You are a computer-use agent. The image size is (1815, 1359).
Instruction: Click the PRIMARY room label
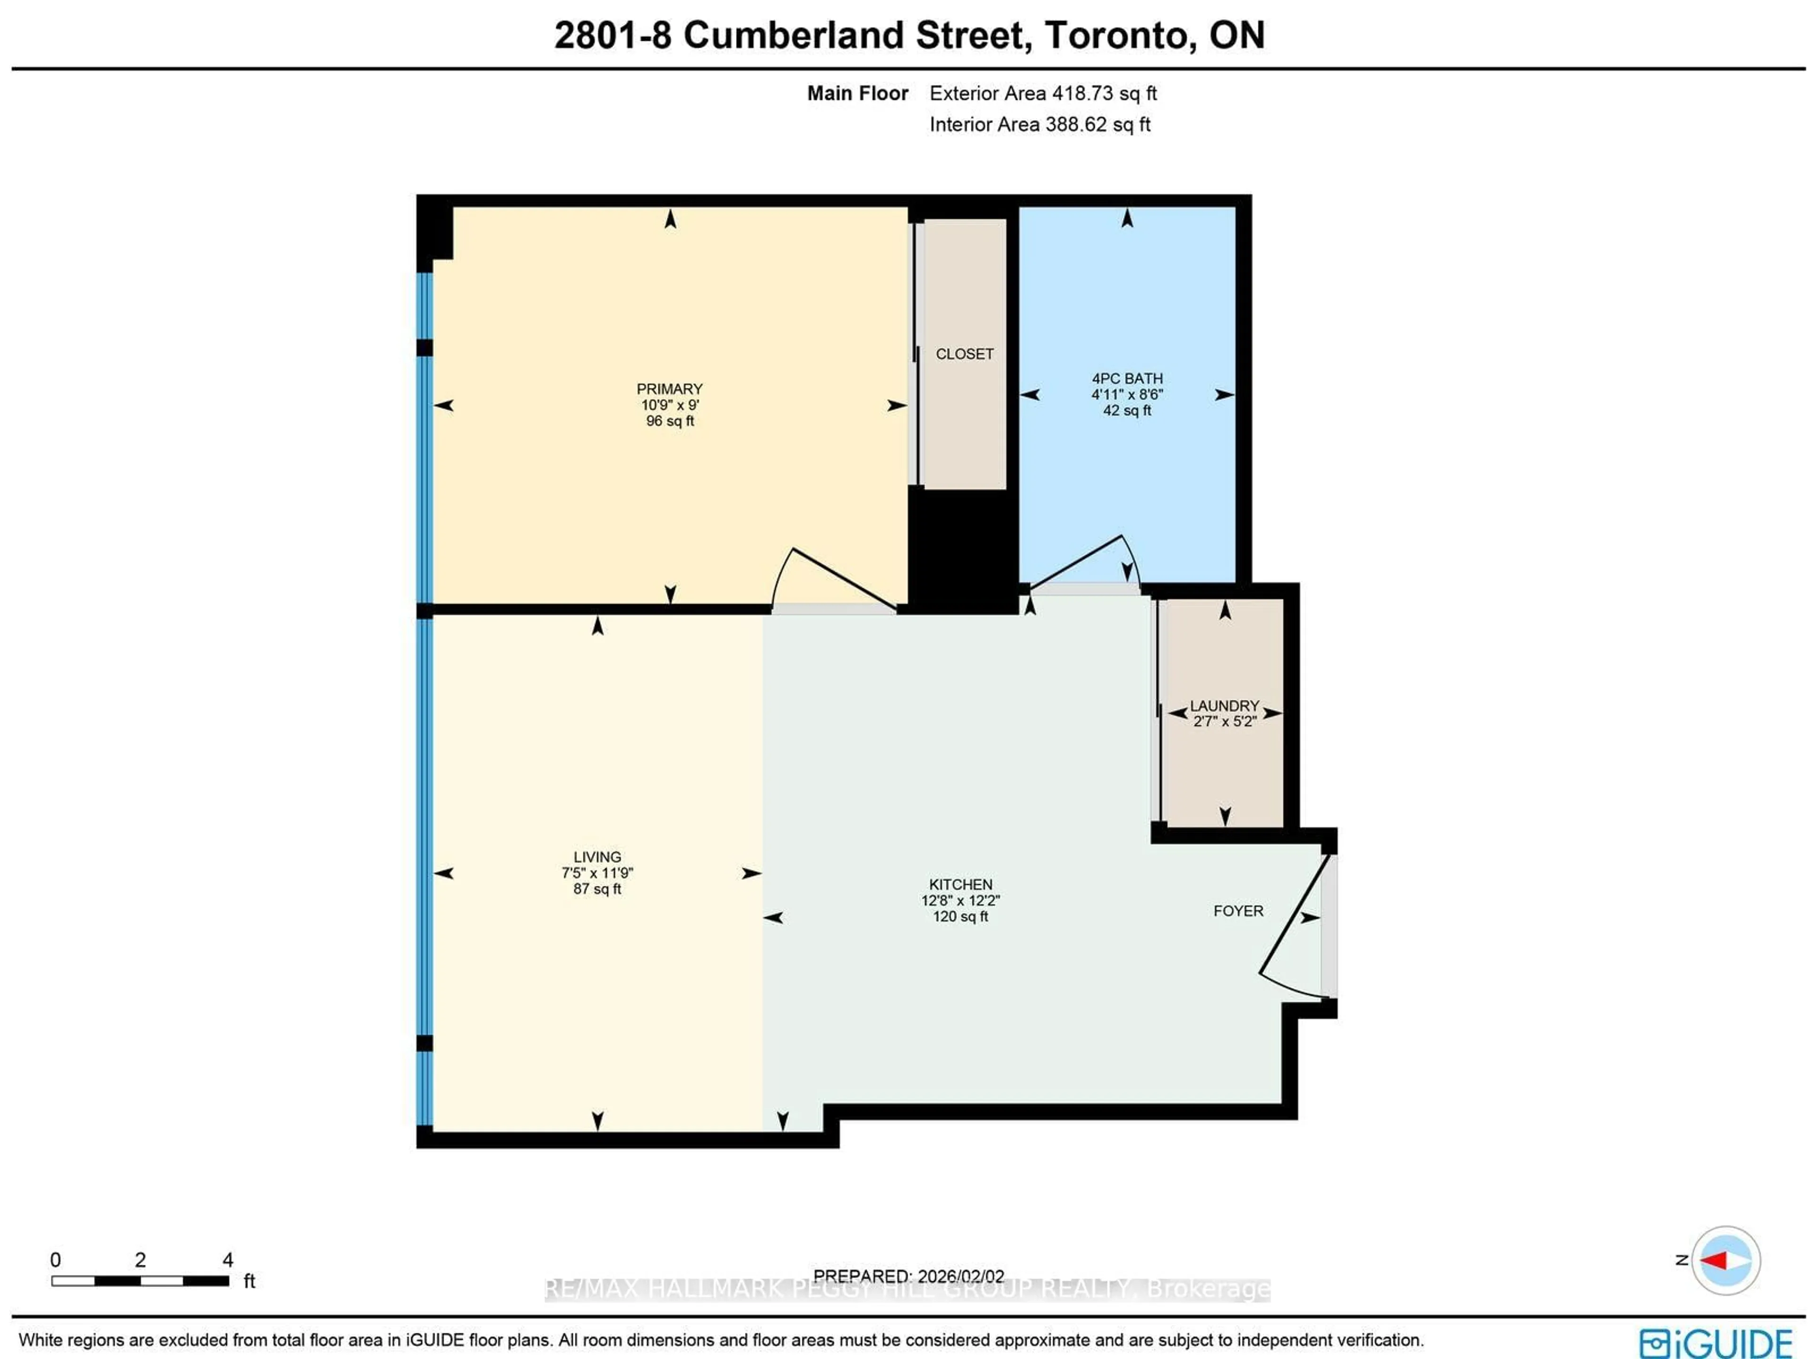(670, 389)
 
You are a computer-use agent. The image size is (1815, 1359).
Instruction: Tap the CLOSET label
(964, 355)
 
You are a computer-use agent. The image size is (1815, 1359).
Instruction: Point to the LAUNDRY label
(1224, 706)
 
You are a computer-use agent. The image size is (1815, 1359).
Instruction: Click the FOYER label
(1238, 911)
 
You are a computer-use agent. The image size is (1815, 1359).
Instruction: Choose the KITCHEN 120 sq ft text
(960, 917)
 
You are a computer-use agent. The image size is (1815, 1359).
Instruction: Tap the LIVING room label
(597, 857)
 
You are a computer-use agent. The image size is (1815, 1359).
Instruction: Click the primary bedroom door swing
(829, 579)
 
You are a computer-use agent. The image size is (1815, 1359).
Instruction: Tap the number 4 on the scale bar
(228, 1260)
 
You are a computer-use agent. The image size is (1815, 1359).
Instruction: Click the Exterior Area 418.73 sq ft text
(1043, 94)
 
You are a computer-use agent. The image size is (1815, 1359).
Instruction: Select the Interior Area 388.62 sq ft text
(1039, 125)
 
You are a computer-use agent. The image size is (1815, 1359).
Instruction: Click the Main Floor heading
(857, 94)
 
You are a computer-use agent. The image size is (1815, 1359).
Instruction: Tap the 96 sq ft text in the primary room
(670, 421)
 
